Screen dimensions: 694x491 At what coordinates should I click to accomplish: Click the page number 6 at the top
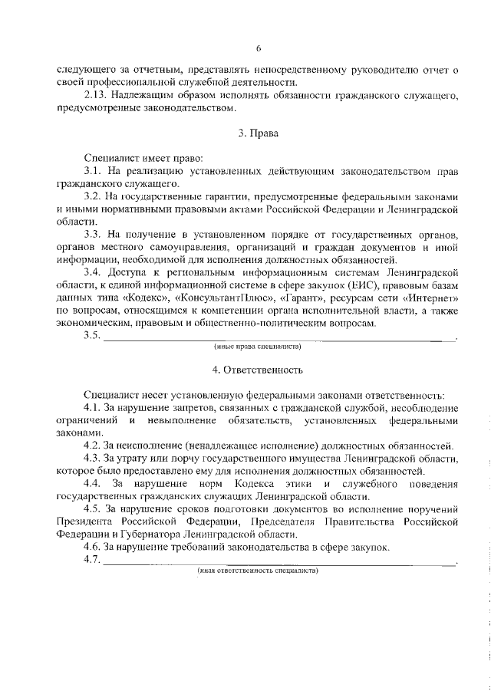[259, 49]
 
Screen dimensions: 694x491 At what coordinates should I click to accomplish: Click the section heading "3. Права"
[258, 133]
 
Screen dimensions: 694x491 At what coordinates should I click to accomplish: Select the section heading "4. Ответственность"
[258, 370]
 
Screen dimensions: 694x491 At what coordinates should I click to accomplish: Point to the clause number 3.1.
[93, 170]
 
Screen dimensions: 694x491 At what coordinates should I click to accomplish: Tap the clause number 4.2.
[93, 446]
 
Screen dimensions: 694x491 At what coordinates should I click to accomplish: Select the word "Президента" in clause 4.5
[84, 521]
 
